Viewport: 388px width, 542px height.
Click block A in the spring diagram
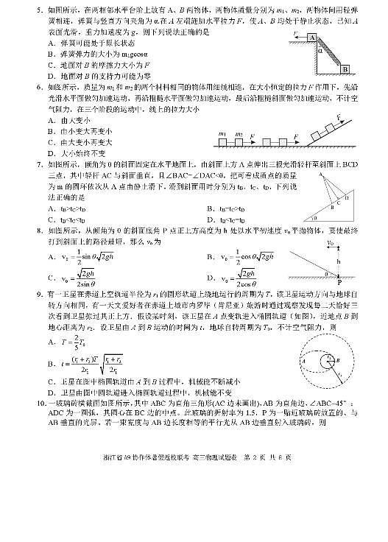tap(312, 38)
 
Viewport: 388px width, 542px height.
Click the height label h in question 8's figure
tap(339, 259)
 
